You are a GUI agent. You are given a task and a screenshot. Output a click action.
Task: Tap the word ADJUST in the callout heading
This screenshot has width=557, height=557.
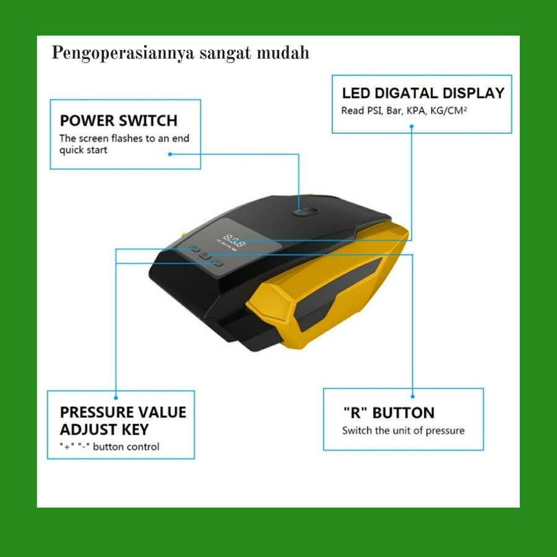[x=84, y=430]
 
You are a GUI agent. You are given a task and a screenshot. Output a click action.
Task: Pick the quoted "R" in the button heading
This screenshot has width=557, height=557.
[x=353, y=413]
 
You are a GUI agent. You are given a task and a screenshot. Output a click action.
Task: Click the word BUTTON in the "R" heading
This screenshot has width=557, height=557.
[x=403, y=413]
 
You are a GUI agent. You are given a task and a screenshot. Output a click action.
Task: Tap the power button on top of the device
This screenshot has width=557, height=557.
[x=304, y=212]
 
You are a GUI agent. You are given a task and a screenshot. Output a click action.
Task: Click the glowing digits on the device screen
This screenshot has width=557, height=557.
[x=234, y=238]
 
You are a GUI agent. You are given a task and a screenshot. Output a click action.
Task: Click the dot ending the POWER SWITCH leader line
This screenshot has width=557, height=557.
[x=170, y=154]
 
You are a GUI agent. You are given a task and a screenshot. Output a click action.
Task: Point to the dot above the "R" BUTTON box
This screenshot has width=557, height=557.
[x=412, y=395]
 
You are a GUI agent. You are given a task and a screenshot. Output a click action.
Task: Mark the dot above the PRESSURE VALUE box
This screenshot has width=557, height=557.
[x=116, y=395]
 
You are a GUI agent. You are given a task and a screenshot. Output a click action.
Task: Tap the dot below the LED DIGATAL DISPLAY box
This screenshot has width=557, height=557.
[x=412, y=126]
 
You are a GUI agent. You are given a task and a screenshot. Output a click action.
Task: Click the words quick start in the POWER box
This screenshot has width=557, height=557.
[x=83, y=150]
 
